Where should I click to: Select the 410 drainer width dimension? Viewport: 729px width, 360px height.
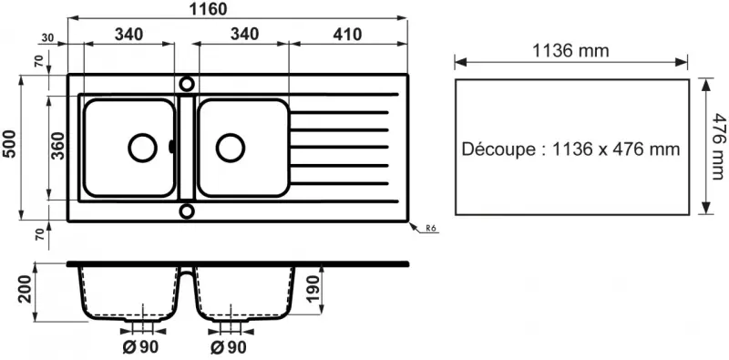(347, 35)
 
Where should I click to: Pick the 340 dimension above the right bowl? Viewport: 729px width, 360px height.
(241, 35)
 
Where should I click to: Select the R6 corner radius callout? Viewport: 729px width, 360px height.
(431, 229)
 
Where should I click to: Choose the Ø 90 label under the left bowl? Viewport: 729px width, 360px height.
(138, 347)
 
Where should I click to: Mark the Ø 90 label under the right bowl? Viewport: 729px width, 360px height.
(228, 347)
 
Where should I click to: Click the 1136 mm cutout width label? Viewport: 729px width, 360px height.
(570, 51)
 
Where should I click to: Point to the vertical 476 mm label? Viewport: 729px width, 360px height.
(717, 146)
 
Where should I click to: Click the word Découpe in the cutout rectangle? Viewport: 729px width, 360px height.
(498, 149)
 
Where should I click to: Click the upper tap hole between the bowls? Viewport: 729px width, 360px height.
(187, 83)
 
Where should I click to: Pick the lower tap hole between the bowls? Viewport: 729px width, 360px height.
(187, 211)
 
